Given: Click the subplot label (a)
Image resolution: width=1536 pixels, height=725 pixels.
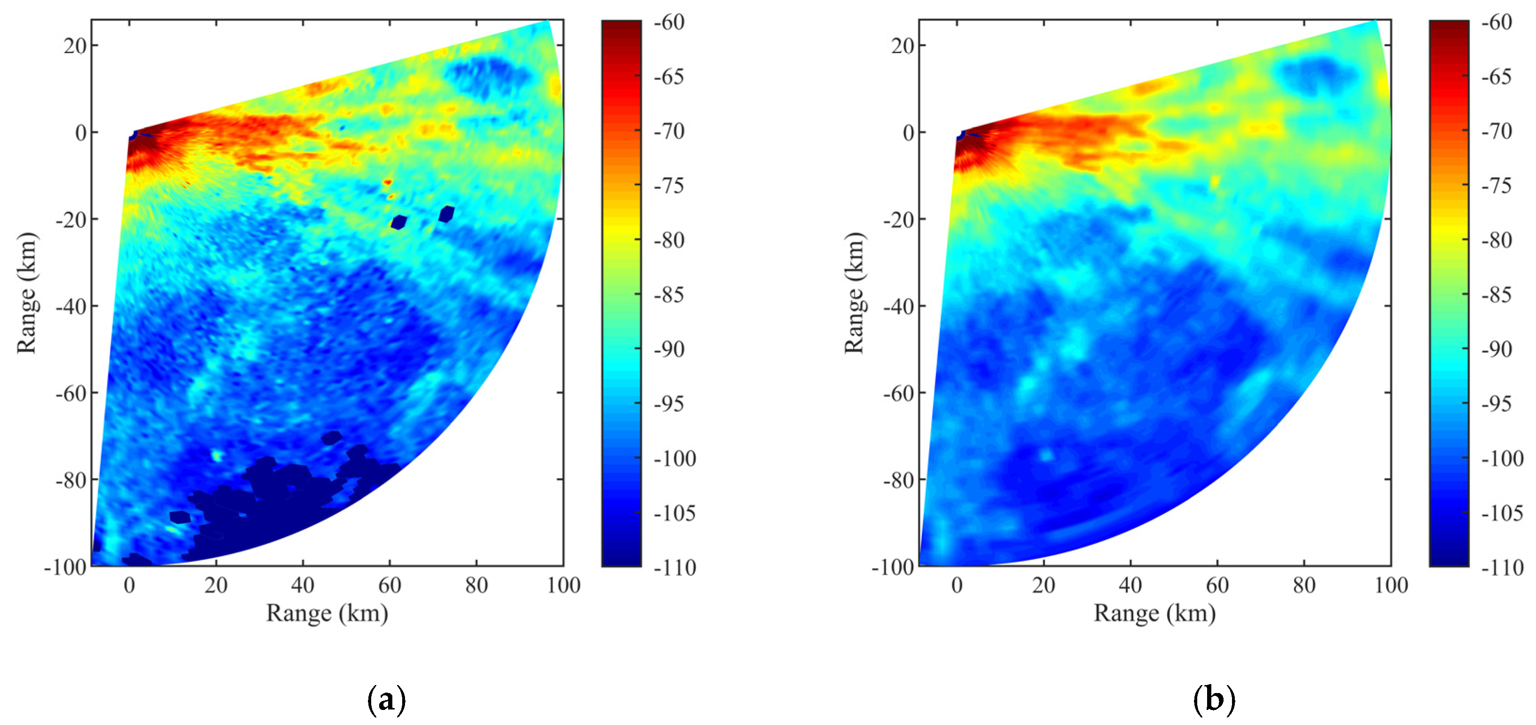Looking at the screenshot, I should [x=386, y=699].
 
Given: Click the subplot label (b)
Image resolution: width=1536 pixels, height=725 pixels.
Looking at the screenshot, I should [x=1214, y=699].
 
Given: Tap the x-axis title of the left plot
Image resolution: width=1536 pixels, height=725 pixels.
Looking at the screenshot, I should [x=327, y=613].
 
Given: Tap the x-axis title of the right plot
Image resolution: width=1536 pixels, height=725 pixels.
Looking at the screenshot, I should [x=1154, y=613].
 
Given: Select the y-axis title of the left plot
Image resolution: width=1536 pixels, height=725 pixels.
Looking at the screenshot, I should [x=27, y=293].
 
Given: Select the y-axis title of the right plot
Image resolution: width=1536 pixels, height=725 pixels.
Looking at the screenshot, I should [x=855, y=293].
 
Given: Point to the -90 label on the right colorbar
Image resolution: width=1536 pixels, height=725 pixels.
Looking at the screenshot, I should [x=1497, y=349].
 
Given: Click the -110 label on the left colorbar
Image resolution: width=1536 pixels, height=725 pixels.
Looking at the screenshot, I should [x=674, y=567].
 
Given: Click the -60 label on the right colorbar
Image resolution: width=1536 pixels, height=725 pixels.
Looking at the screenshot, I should [x=1497, y=23].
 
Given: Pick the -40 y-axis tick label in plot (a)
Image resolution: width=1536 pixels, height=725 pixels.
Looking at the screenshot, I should [x=71, y=306].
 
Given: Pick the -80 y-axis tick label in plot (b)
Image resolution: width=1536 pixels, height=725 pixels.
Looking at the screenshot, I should [x=898, y=480].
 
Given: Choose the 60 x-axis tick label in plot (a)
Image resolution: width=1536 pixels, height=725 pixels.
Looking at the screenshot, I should [x=390, y=585].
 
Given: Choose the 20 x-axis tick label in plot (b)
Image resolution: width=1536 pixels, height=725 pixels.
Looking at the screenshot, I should [x=1044, y=585].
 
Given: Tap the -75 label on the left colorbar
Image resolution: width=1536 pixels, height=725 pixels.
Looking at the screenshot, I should [x=669, y=186].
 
